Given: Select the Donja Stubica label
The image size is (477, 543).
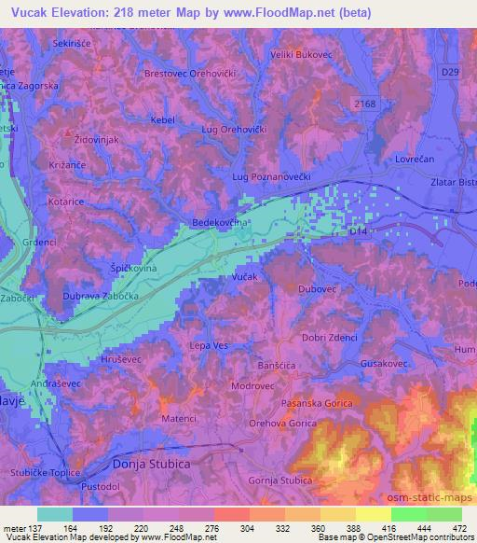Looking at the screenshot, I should pos(144,462).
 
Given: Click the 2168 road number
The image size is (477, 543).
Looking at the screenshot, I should pos(365,104).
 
